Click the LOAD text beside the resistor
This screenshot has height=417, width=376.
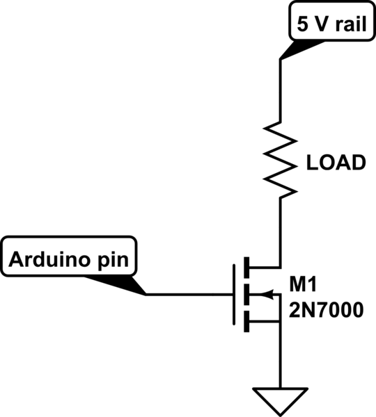(336, 164)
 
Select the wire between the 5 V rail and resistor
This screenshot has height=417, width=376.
(280, 90)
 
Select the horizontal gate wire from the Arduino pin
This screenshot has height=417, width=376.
(188, 294)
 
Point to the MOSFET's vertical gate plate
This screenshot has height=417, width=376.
(233, 294)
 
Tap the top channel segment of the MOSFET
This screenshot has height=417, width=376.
(246, 267)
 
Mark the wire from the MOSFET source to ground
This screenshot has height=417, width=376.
(280, 358)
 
